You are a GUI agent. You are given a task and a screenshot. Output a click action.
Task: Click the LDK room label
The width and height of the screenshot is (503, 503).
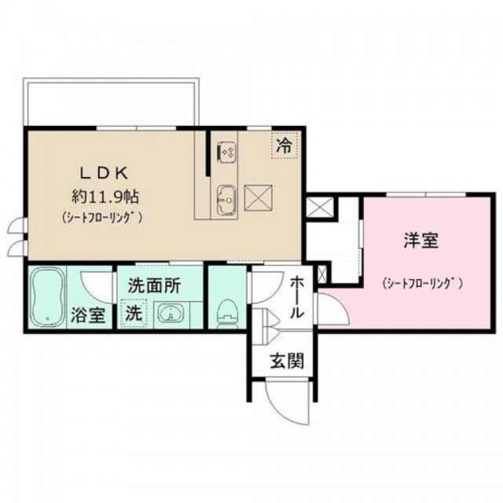coord(105,173)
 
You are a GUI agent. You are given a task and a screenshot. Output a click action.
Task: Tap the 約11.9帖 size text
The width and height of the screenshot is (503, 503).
coord(105,197)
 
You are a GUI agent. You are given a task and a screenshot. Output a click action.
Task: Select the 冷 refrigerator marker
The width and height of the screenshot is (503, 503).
coord(285,146)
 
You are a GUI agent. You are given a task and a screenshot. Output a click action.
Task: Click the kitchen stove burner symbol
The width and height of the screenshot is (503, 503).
coord(227,152)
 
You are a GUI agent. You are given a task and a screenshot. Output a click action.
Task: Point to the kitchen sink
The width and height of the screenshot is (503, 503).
coord(227,200)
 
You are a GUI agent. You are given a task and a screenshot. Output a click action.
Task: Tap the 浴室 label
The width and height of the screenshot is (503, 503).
coord(88,314)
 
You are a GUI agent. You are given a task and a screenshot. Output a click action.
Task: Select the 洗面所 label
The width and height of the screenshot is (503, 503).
coord(155,285)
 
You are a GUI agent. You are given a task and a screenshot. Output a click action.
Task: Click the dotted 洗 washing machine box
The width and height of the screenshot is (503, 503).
coord(134,313)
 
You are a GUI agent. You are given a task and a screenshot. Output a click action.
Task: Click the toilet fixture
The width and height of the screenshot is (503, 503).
coord(227,314)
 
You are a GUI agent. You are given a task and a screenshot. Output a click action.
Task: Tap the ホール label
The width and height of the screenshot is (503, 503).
coord(297,298)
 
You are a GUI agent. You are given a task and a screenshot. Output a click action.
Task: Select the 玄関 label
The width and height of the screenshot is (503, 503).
coord(287,362)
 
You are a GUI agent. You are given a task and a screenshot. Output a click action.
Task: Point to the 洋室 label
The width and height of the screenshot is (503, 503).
coord(421,240)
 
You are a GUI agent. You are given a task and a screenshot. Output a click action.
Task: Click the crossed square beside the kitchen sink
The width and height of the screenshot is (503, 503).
coord(259,197)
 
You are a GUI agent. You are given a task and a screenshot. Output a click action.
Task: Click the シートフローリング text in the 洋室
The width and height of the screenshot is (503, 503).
coord(422,283)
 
